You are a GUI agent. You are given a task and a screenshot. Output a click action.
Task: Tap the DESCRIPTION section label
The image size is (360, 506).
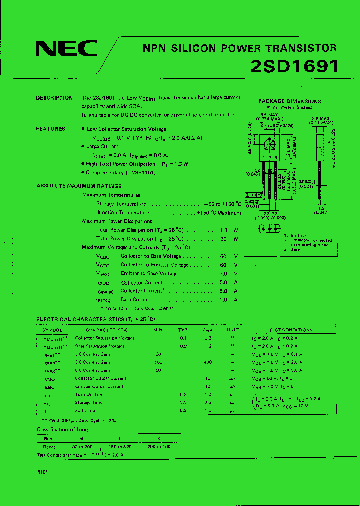point(54,98)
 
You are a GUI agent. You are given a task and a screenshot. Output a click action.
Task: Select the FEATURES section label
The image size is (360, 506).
point(50,129)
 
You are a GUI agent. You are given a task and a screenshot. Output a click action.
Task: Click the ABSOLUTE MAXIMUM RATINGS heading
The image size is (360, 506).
point(78,186)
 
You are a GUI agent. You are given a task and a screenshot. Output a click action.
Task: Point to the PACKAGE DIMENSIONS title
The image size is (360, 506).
point(289,101)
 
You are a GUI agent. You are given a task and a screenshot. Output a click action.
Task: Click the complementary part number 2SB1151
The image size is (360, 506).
point(143,173)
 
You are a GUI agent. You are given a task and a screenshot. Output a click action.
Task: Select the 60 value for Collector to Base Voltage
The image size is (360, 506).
point(223,256)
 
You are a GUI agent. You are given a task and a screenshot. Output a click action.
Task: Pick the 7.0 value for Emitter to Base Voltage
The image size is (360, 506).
point(223,274)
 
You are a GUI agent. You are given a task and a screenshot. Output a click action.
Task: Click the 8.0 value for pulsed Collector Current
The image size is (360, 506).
point(223,291)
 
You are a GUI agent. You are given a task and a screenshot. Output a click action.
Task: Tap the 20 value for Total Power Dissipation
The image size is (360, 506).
point(223,239)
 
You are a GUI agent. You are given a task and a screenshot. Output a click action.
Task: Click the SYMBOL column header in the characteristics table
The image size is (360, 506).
point(52,330)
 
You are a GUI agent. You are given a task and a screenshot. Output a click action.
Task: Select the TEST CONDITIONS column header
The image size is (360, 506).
point(291,330)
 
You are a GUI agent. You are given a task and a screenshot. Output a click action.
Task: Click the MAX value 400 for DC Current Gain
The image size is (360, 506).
point(207,362)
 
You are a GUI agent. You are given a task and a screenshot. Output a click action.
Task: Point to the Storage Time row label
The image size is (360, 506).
point(89,402)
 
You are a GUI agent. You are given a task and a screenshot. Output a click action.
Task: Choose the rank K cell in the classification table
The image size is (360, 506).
point(159,438)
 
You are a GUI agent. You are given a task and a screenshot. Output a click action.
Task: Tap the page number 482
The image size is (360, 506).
point(42,473)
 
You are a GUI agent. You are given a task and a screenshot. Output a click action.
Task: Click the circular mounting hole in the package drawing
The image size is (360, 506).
point(269,145)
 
